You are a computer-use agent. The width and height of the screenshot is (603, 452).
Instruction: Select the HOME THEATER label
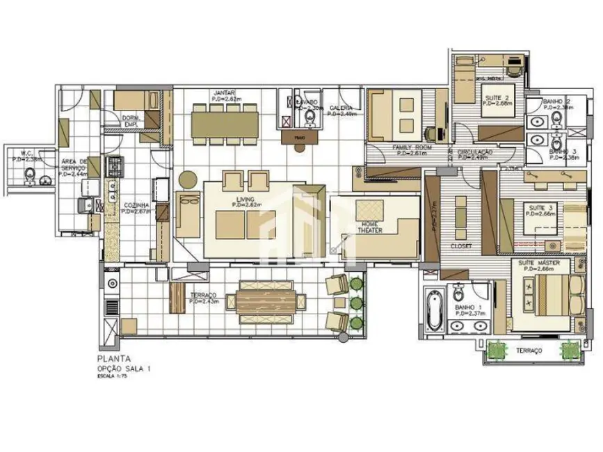(x=370, y=226)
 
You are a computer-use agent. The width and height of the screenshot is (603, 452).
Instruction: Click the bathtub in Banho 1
(x=433, y=310)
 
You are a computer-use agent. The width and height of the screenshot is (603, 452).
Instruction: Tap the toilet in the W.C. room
(x=30, y=174)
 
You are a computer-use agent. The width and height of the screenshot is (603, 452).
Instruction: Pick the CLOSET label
(x=461, y=246)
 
